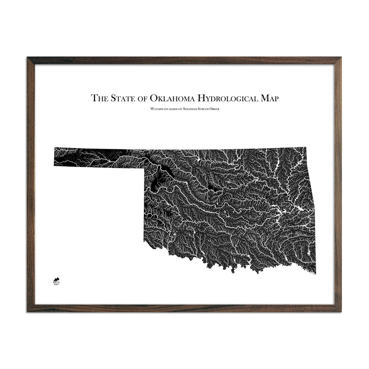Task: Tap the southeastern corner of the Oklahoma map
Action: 315,273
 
